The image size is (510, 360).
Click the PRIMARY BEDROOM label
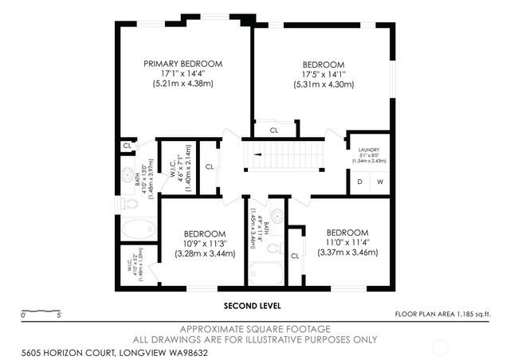click(182, 64)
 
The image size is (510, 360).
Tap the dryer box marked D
click(359, 182)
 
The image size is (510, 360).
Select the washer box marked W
click(380, 182)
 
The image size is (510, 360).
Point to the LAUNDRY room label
click(368, 150)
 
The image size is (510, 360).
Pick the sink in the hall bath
click(276, 216)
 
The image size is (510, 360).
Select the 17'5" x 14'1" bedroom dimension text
click(323, 75)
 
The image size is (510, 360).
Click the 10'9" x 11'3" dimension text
click(205, 244)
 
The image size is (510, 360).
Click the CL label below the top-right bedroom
click(274, 130)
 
